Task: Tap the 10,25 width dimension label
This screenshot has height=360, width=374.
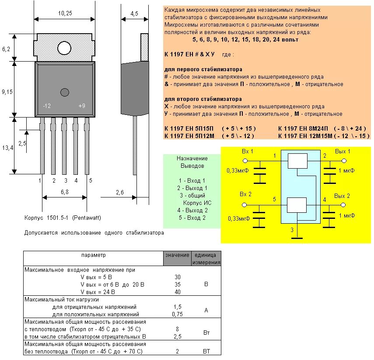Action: pyautogui.click(x=65, y=14)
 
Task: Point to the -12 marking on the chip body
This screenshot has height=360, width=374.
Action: pyautogui.click(x=47, y=106)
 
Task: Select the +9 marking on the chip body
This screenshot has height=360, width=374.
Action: pyautogui.click(x=82, y=106)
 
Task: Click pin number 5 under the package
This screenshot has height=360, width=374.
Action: pyautogui.click(x=91, y=180)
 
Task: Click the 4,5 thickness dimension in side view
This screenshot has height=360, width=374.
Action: pyautogui.click(x=134, y=14)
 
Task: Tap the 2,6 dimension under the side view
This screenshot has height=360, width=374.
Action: pyautogui.click(x=120, y=192)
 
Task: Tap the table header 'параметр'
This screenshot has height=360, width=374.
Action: pyautogui.click(x=93, y=255)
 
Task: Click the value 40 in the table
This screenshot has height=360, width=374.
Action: pyautogui.click(x=177, y=292)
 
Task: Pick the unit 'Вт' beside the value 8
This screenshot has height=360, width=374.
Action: pyautogui.click(x=206, y=332)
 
